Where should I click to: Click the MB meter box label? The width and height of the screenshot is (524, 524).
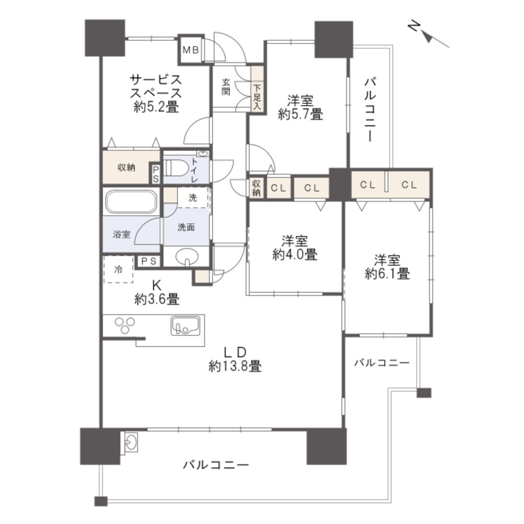tap(190, 50)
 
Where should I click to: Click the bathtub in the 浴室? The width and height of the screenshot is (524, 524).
tap(130, 201)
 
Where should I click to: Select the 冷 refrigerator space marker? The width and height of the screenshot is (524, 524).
tap(118, 270)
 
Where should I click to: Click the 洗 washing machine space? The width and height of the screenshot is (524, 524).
tap(193, 198)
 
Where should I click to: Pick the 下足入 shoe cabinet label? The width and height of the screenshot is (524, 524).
tap(257, 94)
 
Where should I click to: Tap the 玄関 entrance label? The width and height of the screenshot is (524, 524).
tap(226, 87)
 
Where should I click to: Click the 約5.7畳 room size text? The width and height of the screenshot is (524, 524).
tap(300, 114)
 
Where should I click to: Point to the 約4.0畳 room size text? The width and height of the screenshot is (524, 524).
tap(294, 255)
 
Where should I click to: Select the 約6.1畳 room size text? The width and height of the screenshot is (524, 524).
tap(387, 273)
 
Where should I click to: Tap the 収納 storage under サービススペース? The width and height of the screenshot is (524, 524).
tap(126, 168)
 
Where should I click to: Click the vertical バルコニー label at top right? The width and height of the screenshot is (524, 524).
tap(370, 110)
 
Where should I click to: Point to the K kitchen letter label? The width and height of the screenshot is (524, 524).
tap(156, 286)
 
